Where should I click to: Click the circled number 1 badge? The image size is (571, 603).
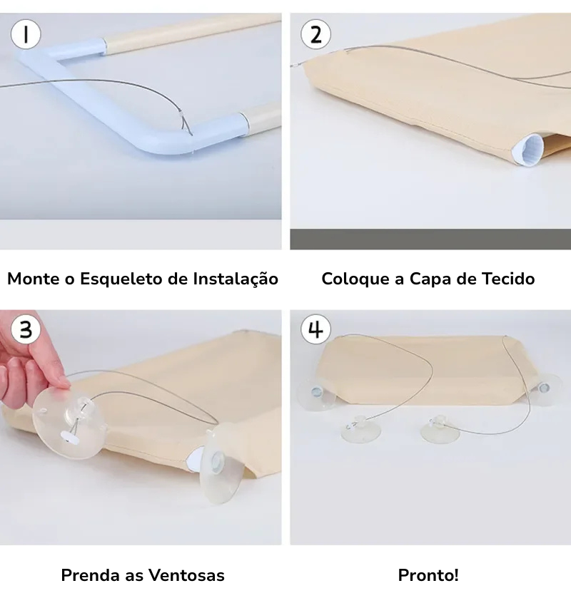[x=26, y=34]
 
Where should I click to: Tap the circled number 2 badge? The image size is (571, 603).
[x=315, y=34]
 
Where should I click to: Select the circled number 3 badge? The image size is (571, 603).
[x=26, y=329]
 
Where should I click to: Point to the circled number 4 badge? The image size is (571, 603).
[x=315, y=329]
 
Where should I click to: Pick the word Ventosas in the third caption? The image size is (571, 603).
[x=186, y=575]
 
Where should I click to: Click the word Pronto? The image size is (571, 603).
[x=428, y=575]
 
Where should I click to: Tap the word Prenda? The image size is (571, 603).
[x=90, y=575]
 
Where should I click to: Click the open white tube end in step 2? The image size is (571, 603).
[x=529, y=150]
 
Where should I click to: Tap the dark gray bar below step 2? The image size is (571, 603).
[x=430, y=239]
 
